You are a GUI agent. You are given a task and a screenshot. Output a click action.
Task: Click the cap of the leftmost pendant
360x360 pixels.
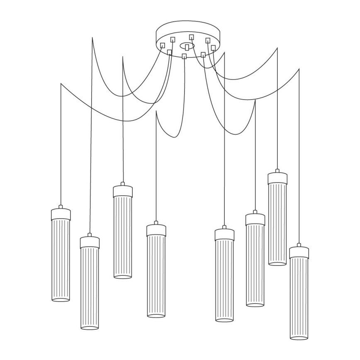pos(61,214)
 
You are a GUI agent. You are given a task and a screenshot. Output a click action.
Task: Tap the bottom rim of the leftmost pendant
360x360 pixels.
pos(61,299)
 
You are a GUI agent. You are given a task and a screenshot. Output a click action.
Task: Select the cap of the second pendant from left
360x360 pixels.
pos(90,243)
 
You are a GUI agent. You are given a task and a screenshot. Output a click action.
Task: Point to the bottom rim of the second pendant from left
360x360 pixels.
pos(90,327)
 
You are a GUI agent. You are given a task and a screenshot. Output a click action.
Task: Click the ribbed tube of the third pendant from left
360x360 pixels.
pos(123,236)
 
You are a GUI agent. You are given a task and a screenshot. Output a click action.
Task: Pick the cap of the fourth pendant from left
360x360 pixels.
pos(156,231)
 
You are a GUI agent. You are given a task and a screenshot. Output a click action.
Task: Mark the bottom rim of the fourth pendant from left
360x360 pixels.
pos(156,316)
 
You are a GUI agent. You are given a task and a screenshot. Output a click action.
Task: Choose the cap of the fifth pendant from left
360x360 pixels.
pos(224,235)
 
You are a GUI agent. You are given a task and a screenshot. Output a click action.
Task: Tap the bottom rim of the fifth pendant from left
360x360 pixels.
pos(224,319)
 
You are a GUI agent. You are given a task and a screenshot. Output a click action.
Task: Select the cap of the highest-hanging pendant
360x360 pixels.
pos(277,178)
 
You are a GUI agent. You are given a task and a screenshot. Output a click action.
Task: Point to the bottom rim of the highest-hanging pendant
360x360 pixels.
pos(277,263)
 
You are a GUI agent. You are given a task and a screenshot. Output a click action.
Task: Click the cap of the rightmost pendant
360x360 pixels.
pos(299,253)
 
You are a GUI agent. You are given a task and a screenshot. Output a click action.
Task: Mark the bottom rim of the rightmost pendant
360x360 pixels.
pos(299,338)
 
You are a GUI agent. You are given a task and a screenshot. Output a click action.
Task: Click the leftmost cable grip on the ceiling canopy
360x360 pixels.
pos(163,45)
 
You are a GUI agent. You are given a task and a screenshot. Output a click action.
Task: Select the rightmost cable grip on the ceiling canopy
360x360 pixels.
pos(213,48)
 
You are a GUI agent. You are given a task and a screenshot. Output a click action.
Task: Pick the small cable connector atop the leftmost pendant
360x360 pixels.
pos(61,207)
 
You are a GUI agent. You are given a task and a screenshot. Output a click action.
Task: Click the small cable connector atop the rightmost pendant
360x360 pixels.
pos(299,245)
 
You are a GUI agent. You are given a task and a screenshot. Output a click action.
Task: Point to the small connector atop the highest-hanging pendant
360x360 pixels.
pos(277,170)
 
